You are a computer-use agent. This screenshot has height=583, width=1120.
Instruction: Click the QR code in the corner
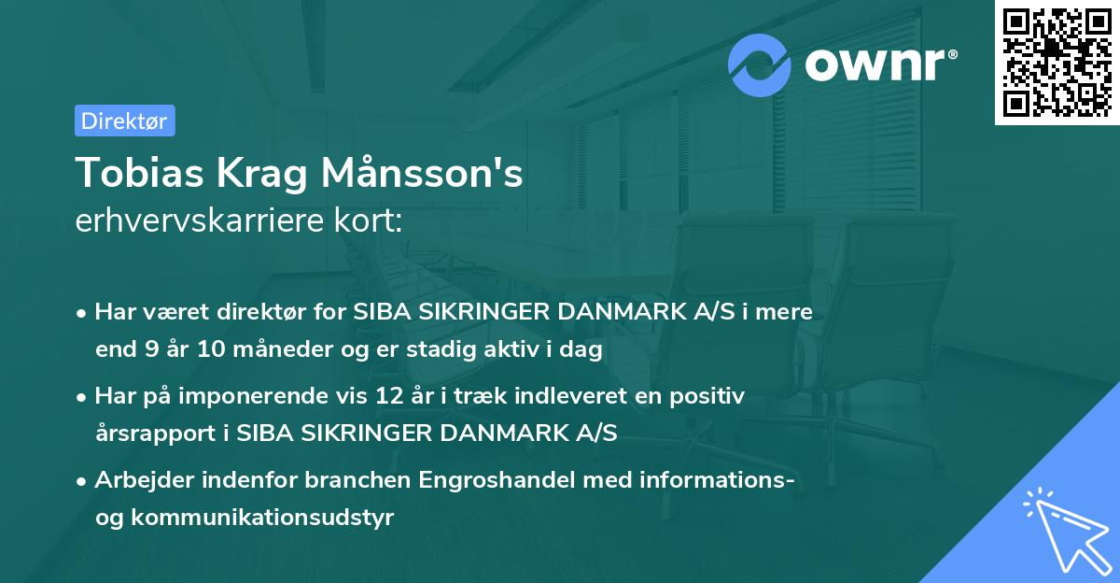coord(1057,63)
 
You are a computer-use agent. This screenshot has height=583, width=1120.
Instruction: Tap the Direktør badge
coord(124,121)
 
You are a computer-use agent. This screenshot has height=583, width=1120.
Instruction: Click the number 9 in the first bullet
coord(148,350)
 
